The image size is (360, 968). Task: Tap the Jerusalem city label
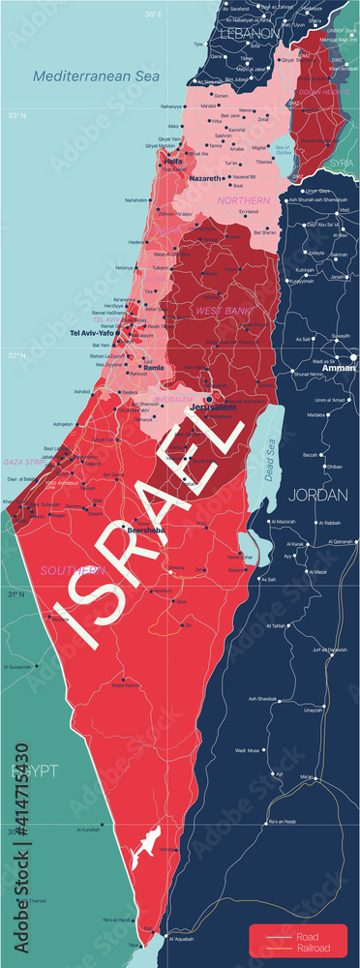click(215, 408)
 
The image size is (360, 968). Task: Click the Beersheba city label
click(146, 530)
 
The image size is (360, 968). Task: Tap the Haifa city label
click(173, 161)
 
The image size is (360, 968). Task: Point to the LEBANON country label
click(250, 32)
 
